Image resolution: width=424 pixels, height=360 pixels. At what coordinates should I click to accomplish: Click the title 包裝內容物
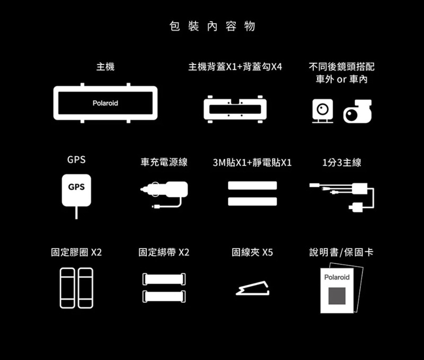212,26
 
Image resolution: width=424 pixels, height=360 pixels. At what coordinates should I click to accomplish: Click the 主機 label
105,67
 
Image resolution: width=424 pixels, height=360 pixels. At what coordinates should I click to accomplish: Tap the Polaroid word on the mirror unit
105,103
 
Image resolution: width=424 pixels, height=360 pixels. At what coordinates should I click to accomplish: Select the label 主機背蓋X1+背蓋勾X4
235,67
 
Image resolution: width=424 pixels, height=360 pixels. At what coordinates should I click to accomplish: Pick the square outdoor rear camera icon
322,110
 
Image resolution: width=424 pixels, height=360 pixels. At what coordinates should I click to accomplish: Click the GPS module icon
76,190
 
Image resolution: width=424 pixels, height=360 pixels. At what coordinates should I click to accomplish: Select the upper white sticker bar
252,185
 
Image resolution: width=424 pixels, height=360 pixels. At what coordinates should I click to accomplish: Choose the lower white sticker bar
252,202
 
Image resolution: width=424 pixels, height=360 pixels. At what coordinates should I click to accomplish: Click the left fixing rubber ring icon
67,288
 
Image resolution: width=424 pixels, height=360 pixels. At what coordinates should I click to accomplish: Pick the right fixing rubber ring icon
85,288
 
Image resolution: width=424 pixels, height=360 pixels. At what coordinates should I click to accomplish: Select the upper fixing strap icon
164,279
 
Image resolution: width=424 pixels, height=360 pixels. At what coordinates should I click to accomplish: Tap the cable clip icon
253,287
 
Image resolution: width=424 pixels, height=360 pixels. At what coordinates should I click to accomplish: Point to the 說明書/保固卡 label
341,252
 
